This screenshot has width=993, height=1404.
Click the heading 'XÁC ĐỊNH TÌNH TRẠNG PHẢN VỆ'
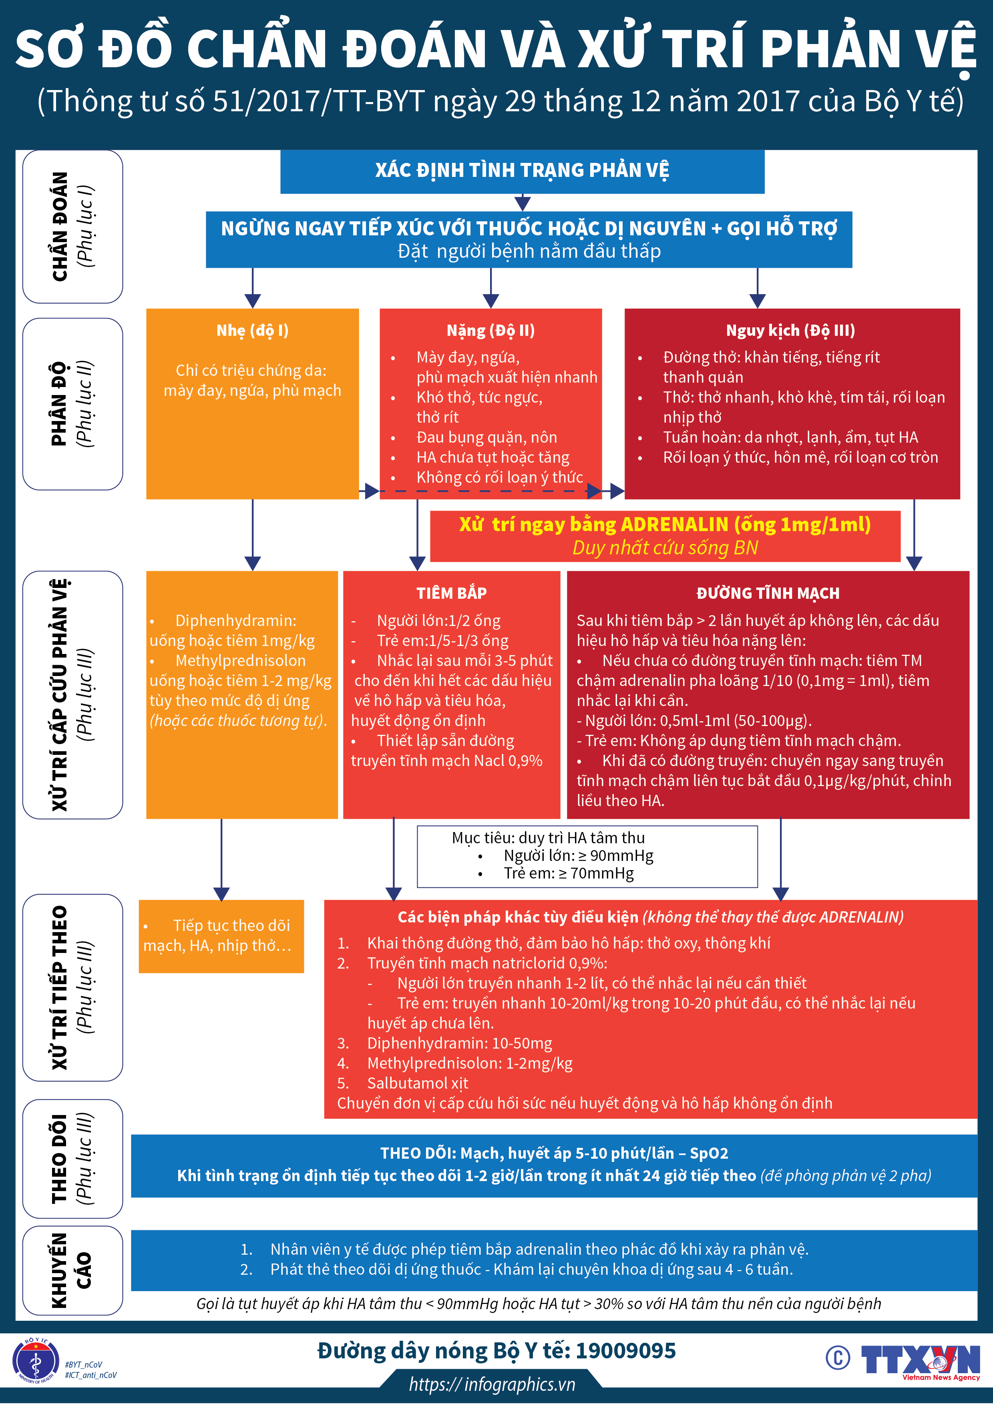click(522, 170)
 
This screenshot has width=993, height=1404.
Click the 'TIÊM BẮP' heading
click(452, 593)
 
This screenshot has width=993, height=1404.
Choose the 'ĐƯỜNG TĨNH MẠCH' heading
click(768, 593)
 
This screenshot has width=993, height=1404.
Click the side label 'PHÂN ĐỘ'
click(59, 403)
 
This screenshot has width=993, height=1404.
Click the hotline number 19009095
click(625, 1350)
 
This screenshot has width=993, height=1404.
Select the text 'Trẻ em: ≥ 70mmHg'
click(569, 873)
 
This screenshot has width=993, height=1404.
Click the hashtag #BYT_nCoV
click(84, 1364)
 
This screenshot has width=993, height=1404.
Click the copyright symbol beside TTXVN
click(838, 1358)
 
